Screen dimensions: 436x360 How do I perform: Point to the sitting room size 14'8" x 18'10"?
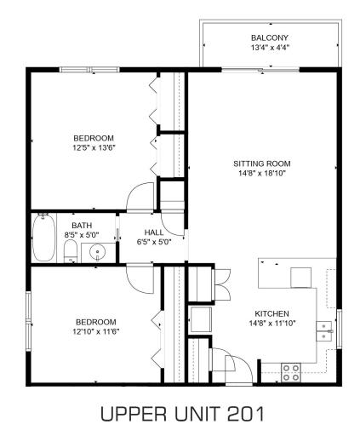262,173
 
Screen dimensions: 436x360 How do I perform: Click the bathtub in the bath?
43,238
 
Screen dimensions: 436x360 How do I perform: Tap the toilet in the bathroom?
71,251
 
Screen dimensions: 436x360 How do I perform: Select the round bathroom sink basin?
98,252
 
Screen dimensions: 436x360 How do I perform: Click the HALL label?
154,232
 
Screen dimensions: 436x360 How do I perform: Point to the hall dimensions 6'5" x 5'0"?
154,242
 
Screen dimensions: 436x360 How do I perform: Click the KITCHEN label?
271,313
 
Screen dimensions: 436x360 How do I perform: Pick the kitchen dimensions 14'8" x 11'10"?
271,324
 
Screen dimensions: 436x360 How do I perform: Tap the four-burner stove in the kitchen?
290,371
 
